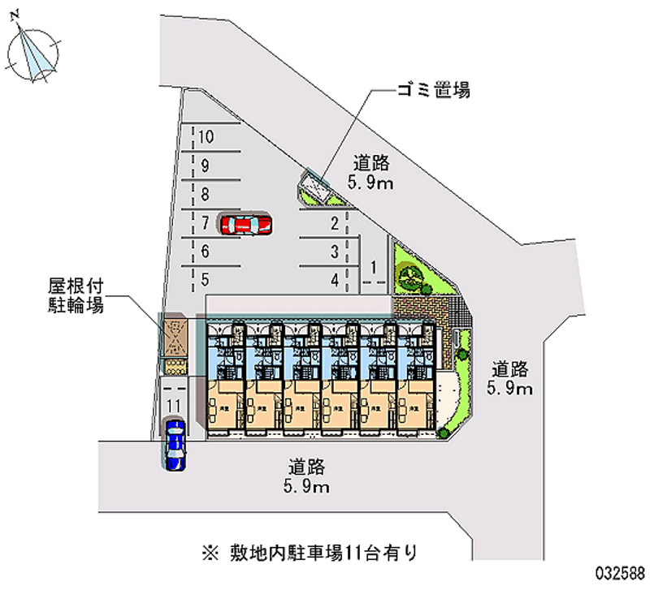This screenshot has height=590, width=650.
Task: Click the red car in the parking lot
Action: coord(245,223)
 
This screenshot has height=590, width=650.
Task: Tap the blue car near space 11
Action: coord(175,444)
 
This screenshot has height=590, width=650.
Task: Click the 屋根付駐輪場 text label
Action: coord(79,296)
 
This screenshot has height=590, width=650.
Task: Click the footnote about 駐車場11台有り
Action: coord(320,553)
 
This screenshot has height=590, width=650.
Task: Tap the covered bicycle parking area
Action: coord(175,336)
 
